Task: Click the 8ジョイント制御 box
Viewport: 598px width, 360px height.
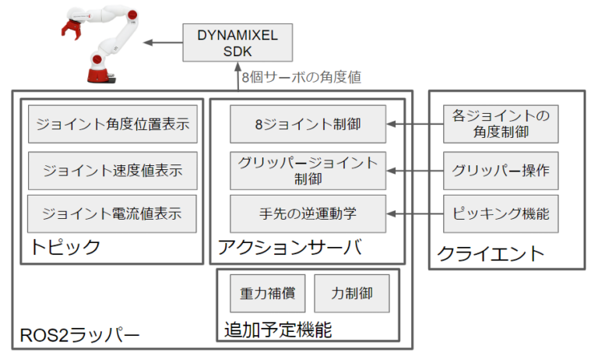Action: coord(308,123)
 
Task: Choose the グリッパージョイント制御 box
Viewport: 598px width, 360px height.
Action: coord(308,170)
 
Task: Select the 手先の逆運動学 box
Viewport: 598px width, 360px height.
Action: coord(308,213)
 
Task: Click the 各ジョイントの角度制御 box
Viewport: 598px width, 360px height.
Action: coord(501,124)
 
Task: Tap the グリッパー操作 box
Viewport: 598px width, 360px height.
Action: coord(501,170)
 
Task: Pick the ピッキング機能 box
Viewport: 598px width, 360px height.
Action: coord(501,213)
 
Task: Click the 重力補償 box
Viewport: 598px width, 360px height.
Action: coord(267,294)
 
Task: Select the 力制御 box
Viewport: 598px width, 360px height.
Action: coord(351,294)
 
